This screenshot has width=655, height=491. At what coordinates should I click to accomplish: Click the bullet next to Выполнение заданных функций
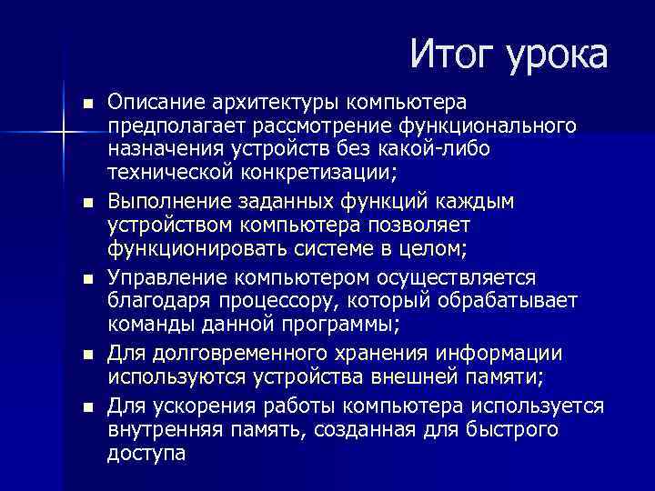(x=87, y=202)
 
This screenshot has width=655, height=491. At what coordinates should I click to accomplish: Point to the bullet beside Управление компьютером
(x=87, y=278)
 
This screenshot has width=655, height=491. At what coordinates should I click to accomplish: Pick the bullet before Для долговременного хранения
(x=87, y=354)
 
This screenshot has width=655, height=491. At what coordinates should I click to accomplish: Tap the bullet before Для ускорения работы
(x=87, y=405)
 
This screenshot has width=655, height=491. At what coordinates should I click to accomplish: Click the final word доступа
(x=146, y=453)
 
